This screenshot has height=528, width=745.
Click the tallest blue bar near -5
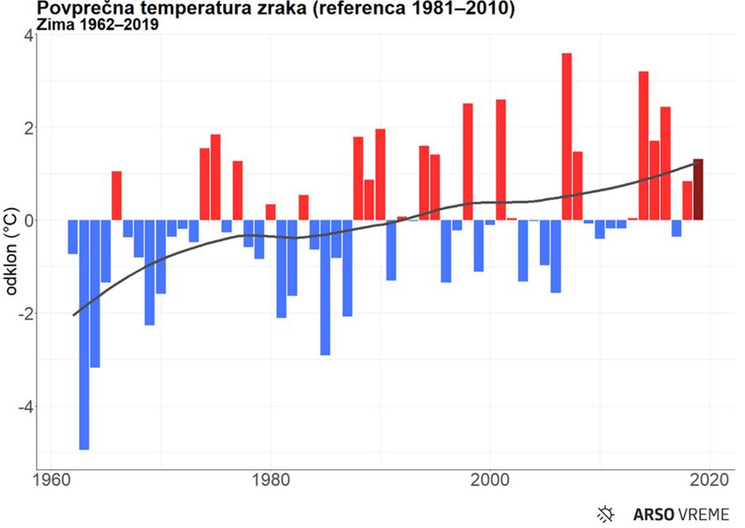84,335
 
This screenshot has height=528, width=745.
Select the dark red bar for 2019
698,190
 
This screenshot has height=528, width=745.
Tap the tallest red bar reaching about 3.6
567,136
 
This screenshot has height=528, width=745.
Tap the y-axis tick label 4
27,35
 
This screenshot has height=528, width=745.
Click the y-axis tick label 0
27,220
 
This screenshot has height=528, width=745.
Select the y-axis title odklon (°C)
11,251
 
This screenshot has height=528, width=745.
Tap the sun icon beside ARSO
606,514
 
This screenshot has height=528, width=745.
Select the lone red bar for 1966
117,196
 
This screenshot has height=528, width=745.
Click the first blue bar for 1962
73,237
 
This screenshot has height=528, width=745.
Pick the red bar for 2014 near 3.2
644,146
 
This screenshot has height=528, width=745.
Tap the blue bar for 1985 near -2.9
325,288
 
